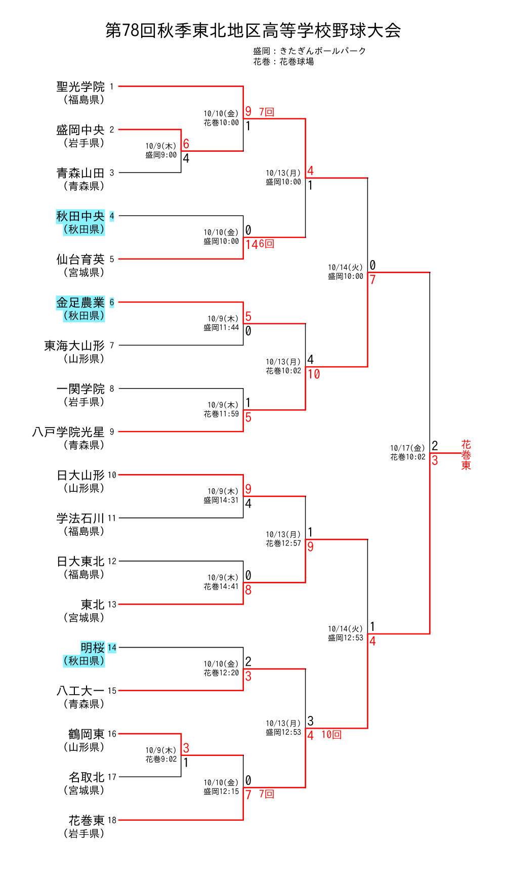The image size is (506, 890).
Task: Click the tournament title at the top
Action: coord(253,30)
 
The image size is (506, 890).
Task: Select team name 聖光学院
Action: coord(80,87)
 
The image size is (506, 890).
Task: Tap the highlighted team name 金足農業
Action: coord(80,303)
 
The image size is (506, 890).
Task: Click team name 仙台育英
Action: coord(80,260)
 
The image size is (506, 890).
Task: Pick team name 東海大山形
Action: coord(74,346)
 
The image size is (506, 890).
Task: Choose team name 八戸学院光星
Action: coord(68,432)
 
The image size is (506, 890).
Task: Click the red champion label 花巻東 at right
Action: coord(466,455)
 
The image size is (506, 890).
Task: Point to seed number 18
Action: coord(112,820)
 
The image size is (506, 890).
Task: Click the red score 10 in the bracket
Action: coord(314,374)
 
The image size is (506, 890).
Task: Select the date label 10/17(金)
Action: coord(407,448)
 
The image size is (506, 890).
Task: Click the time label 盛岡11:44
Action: coord(221,328)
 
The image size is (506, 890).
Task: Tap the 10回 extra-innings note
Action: coord(331,735)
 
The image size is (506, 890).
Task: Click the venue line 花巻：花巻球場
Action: coord(283,62)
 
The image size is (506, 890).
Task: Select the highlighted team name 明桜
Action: coord(93,648)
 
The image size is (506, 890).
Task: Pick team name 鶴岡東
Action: coord(87,734)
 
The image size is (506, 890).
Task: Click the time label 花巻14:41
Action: coord(221,586)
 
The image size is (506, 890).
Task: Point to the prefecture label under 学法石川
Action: coord(84,531)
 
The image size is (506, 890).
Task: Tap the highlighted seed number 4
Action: coord(112,216)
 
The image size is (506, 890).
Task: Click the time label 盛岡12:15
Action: coord(221,791)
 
